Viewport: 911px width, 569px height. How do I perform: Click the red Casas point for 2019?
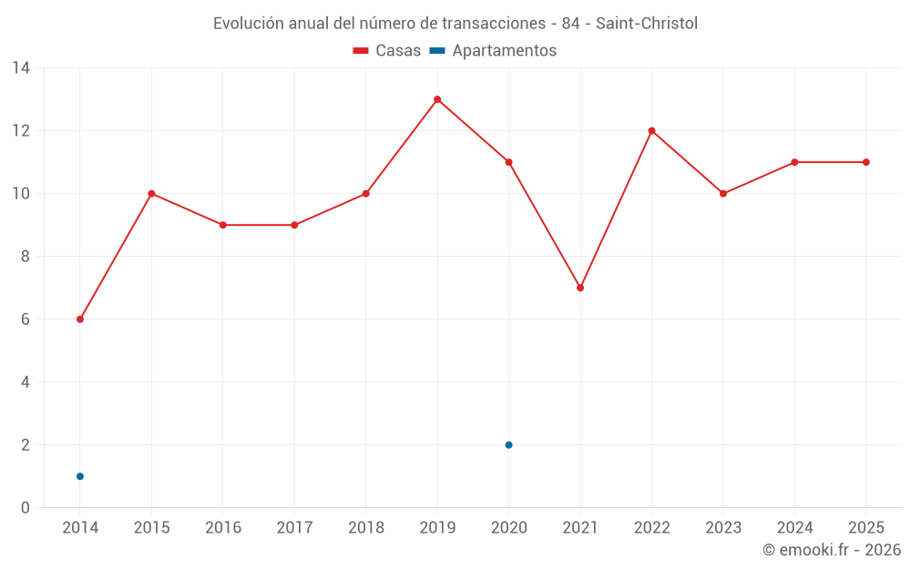437,99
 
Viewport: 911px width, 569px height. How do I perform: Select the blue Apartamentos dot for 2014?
80,476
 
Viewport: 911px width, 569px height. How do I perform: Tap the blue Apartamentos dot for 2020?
509,445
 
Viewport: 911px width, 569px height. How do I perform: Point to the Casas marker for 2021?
580,288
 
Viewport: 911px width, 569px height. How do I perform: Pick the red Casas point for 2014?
80,319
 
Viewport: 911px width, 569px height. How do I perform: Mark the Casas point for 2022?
652,130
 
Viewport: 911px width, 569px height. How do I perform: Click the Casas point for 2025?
866,162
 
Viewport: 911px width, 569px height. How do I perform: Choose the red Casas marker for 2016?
223,225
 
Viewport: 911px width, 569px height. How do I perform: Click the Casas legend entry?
387,50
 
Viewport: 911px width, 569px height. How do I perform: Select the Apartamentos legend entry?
493,50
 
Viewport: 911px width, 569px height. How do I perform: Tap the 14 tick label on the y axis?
21,68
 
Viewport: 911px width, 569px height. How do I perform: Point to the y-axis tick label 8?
25,256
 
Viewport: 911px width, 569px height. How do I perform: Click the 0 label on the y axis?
25,507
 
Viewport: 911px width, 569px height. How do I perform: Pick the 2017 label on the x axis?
294,527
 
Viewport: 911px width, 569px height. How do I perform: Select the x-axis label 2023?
723,527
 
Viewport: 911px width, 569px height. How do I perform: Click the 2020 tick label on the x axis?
509,527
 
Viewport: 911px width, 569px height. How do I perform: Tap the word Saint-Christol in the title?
647,24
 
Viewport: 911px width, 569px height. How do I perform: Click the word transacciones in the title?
493,24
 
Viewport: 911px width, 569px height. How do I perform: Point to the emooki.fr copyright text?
832,549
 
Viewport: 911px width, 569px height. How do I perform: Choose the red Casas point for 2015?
151,193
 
